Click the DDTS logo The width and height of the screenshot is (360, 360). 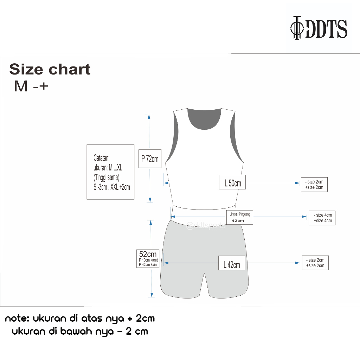pyautogui.click(x=319, y=28)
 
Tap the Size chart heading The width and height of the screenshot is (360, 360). pyautogui.click(x=50, y=69)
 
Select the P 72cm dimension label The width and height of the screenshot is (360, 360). pyautogui.click(x=150, y=159)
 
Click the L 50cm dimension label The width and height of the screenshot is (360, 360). pyautogui.click(x=232, y=182)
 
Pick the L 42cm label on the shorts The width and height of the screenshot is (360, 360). pyautogui.click(x=232, y=264)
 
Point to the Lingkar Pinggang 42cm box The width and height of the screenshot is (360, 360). pyautogui.click(x=240, y=217)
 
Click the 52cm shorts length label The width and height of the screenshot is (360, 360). pyautogui.click(x=148, y=258)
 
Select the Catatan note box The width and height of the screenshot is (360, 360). pyautogui.click(x=110, y=172)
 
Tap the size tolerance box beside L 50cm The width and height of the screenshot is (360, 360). pyautogui.click(x=314, y=184)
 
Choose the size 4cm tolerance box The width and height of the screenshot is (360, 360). pyautogui.click(x=322, y=218)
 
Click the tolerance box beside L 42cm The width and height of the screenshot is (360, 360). pyautogui.click(x=315, y=263)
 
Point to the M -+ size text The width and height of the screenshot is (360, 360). pyautogui.click(x=31, y=86)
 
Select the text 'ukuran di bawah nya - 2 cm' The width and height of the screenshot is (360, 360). pyautogui.click(x=80, y=331)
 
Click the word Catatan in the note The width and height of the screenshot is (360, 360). pyautogui.click(x=102, y=158)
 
